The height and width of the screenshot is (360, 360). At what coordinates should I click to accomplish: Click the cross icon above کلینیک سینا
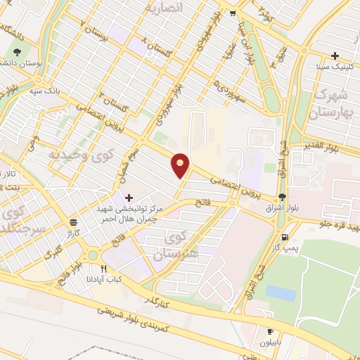[x=335, y=56]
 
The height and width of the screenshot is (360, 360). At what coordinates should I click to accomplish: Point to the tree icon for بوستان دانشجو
[x=16, y=51]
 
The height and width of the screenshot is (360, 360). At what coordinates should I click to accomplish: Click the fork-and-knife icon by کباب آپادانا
[x=104, y=268]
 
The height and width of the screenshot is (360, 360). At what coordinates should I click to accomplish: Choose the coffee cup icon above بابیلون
[x=270, y=330]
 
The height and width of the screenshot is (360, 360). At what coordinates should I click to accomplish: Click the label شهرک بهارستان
[x=331, y=102]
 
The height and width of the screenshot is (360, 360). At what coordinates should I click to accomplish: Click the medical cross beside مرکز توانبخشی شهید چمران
[x=128, y=198]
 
